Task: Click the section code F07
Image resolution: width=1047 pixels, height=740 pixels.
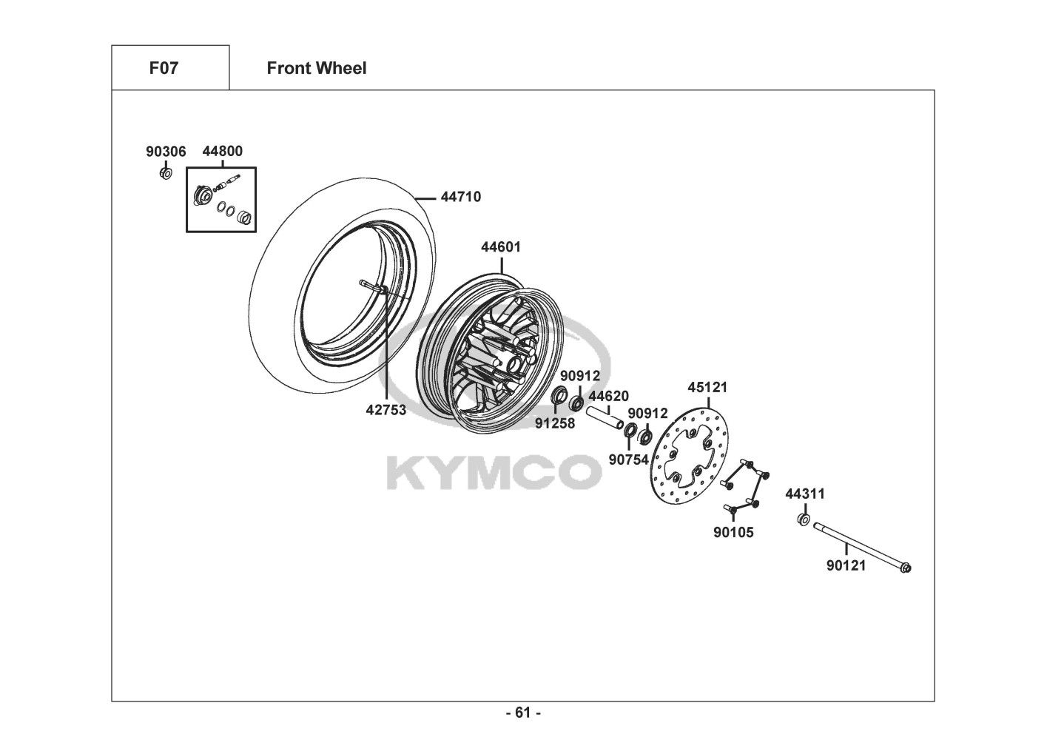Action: click(x=164, y=69)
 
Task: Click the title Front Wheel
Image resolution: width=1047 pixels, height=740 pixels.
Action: click(x=316, y=69)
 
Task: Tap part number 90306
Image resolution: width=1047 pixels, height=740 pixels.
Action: click(x=166, y=152)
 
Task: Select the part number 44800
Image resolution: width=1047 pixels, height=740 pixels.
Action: click(x=222, y=152)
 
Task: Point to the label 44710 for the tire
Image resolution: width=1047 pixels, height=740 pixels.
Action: click(x=460, y=198)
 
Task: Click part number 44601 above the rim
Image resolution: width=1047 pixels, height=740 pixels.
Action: click(x=501, y=247)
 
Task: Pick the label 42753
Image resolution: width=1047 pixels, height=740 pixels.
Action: click(x=386, y=409)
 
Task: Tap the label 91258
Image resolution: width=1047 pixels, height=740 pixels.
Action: click(x=555, y=423)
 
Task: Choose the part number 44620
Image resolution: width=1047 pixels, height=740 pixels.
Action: click(x=608, y=396)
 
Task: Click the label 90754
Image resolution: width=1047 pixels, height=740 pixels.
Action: click(x=628, y=460)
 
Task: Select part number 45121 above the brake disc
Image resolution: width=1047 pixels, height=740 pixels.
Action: click(x=707, y=387)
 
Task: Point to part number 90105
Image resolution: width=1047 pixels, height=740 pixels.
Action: click(x=733, y=532)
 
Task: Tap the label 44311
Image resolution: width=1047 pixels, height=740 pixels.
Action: click(x=805, y=494)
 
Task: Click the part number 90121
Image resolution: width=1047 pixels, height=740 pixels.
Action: click(x=846, y=565)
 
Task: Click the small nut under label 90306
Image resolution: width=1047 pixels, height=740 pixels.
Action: click(x=166, y=173)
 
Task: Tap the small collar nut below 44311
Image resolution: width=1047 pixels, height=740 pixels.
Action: click(x=804, y=519)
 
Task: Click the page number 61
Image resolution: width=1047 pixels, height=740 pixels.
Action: click(x=523, y=713)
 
